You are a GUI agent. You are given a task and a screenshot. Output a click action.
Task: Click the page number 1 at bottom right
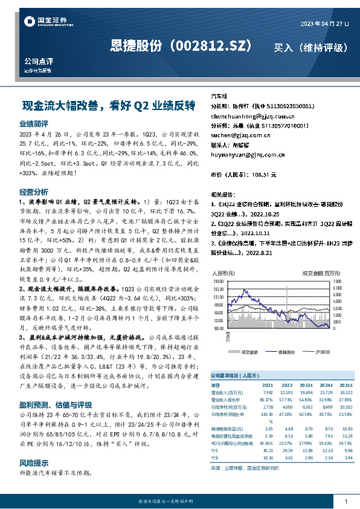click(345, 501)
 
